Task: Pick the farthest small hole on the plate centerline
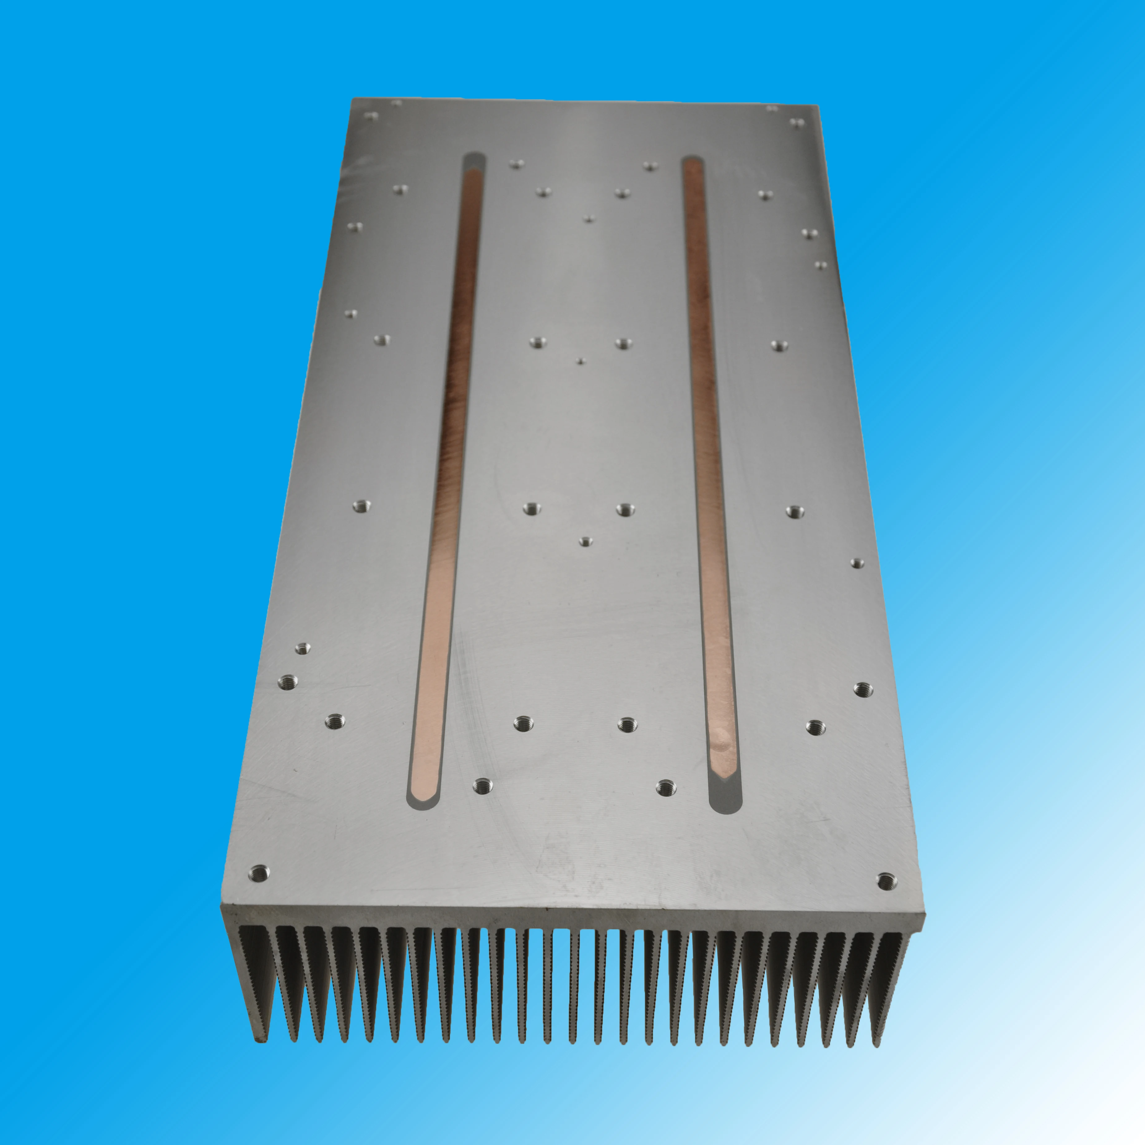tap(588, 219)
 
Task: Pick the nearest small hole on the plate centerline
tap(585, 541)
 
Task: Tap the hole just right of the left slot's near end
tap(484, 786)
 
